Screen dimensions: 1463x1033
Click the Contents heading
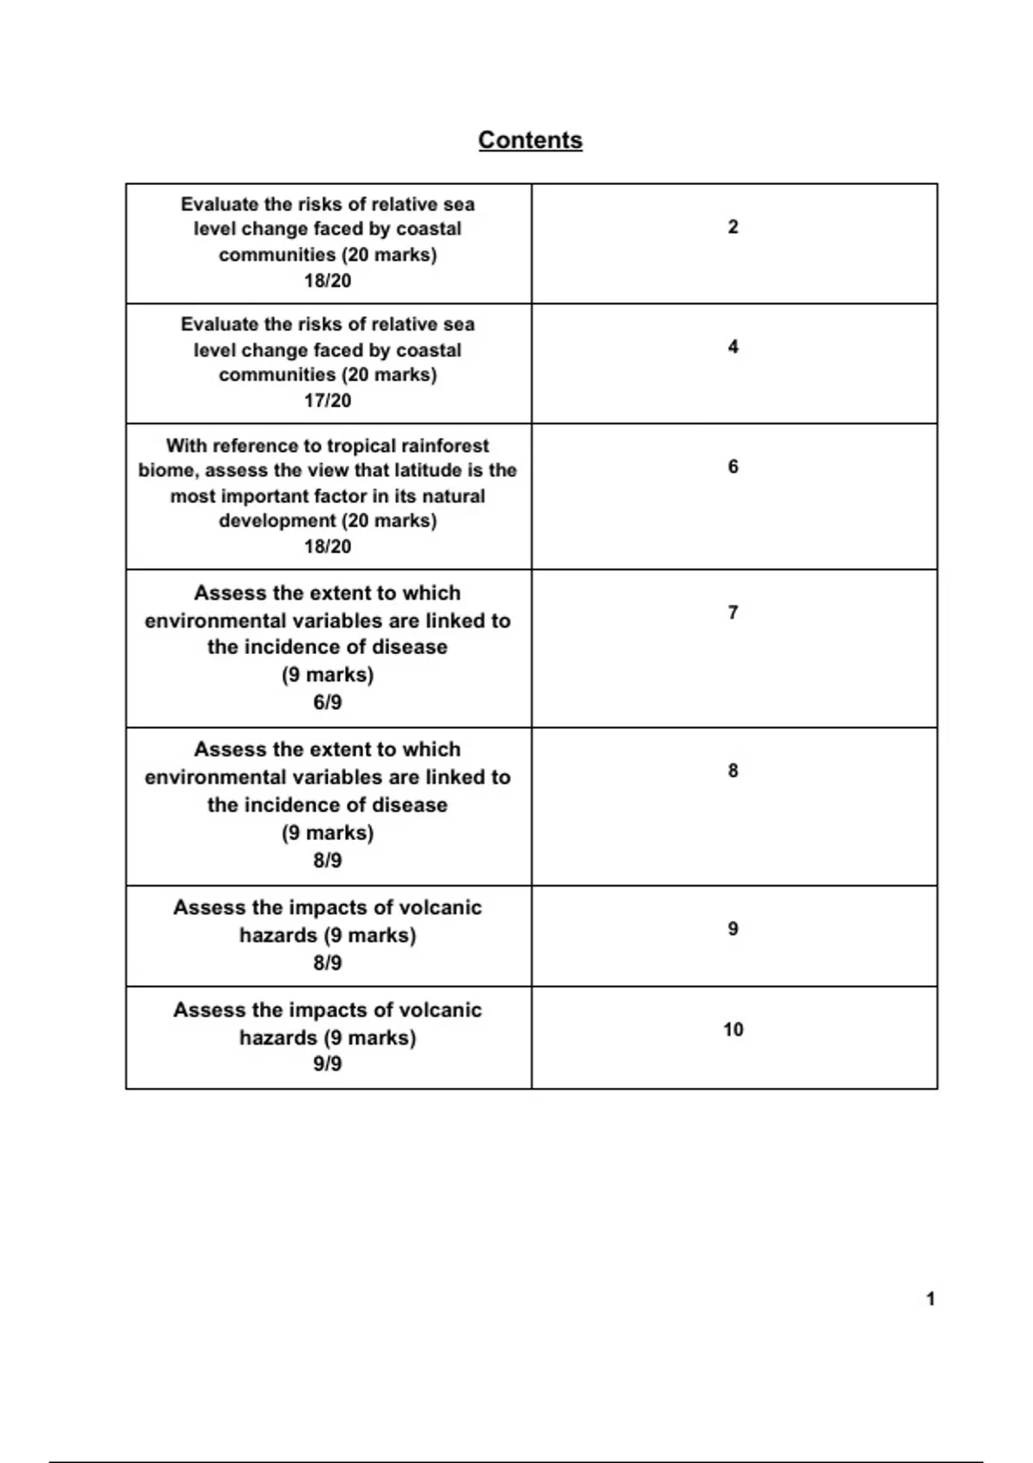pos(530,140)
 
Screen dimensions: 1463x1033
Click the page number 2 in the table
pos(733,227)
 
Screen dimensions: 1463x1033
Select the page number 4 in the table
pos(733,347)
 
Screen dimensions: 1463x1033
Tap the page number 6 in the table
pos(733,466)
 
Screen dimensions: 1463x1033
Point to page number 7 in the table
pos(733,613)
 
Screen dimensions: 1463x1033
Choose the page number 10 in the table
pos(733,1029)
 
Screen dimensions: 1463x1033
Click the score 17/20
pos(327,400)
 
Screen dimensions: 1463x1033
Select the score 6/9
pos(327,702)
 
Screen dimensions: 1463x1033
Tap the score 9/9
pos(327,1064)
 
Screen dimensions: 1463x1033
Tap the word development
pos(277,521)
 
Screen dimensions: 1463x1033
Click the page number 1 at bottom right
pos(930,1299)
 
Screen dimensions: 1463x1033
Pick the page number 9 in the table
pos(733,929)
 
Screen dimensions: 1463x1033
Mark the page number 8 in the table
pos(733,770)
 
